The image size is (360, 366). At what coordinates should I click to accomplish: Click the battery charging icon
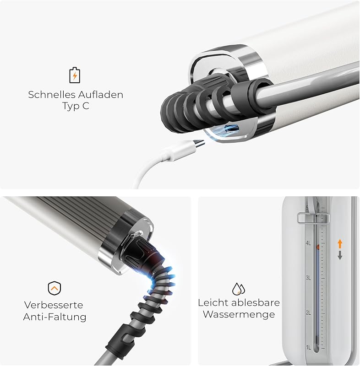[x=75, y=75]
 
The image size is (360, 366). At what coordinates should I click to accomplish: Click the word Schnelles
[x=52, y=95]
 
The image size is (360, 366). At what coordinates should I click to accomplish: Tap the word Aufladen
[x=100, y=95]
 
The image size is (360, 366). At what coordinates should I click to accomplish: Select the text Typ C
[x=76, y=106]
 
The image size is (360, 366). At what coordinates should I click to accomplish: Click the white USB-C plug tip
[x=199, y=143]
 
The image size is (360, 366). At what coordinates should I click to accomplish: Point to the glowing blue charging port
[x=232, y=128]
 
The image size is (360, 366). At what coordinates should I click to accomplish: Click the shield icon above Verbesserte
[x=55, y=288]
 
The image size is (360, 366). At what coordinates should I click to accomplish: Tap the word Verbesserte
[x=54, y=305]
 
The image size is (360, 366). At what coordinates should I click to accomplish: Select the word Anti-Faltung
[x=55, y=317]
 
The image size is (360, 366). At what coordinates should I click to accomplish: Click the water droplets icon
[x=239, y=289]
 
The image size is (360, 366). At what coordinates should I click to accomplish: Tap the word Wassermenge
[x=239, y=314]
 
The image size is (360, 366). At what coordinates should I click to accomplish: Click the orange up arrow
[x=340, y=244]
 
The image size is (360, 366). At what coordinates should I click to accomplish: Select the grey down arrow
[x=340, y=255]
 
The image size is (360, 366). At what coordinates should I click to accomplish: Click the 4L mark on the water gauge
[x=308, y=243]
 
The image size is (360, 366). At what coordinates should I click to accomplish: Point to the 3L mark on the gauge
[x=308, y=278]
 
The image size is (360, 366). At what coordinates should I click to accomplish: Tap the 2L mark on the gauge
[x=308, y=312]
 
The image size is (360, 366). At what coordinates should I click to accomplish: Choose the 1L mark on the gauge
[x=308, y=348]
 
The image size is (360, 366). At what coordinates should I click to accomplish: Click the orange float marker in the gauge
[x=318, y=247]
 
